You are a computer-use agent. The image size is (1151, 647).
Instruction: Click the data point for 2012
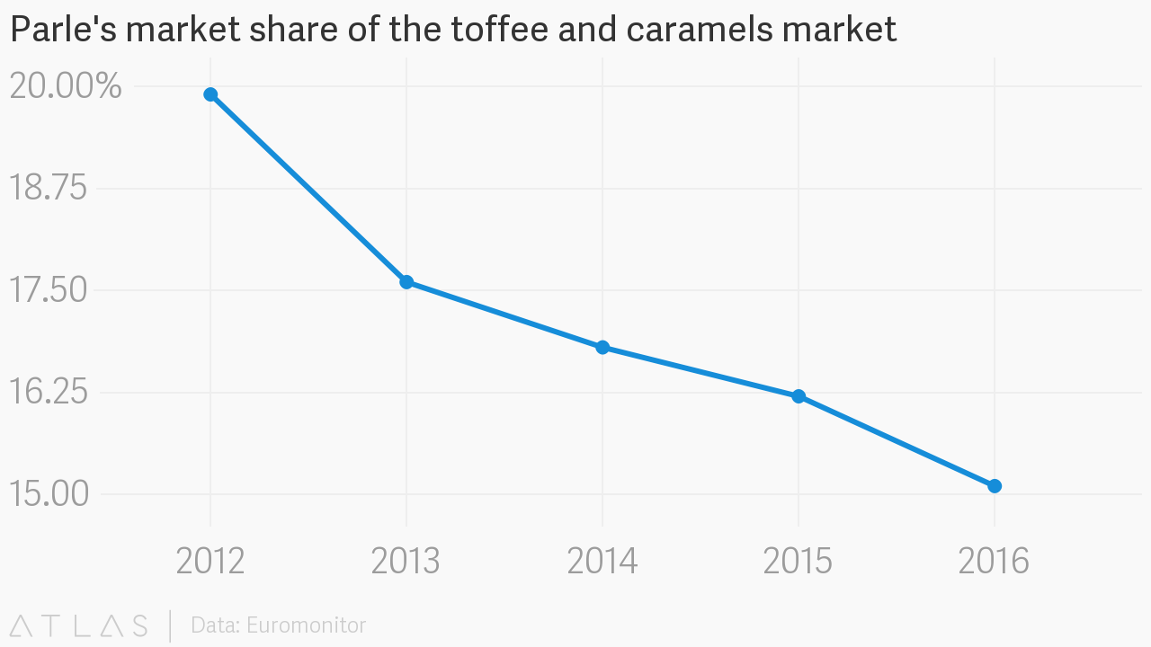click(210, 94)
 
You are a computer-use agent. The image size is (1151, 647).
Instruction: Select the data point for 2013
click(406, 282)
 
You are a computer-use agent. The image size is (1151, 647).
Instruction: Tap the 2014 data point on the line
click(602, 348)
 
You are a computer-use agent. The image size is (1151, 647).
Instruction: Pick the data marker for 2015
click(799, 396)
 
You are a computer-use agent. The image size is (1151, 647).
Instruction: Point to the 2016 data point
click(995, 486)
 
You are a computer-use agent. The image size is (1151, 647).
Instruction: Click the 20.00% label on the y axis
click(65, 87)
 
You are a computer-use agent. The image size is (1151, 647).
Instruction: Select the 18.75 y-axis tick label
click(48, 189)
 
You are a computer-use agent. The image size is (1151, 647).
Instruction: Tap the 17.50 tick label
click(48, 291)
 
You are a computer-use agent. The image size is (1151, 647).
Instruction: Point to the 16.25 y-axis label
click(48, 393)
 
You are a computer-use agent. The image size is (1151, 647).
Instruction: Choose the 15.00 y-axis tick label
click(48, 494)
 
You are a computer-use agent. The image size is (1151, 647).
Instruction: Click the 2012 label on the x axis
click(210, 562)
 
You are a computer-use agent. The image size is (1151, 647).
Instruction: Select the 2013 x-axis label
click(406, 562)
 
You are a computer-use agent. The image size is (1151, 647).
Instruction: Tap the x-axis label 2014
click(602, 562)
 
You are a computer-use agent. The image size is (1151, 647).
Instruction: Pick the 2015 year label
click(799, 562)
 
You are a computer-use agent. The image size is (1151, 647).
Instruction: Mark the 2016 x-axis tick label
click(995, 562)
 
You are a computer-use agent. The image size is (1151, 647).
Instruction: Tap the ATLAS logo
click(79, 625)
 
